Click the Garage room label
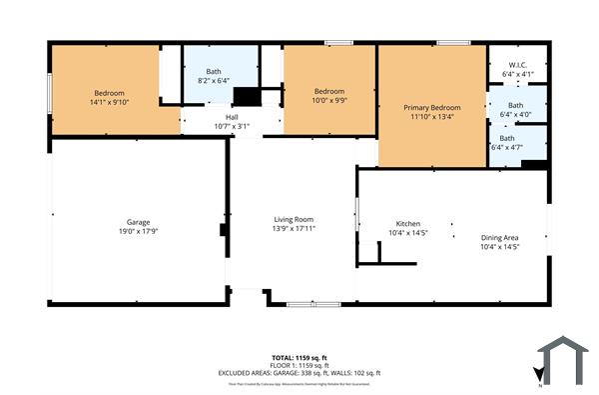click(138, 222)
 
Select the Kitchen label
click(408, 223)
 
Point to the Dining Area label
click(499, 237)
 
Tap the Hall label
click(232, 117)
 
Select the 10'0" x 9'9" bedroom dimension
click(329, 100)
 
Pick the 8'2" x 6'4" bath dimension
click(214, 81)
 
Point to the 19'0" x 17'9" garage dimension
click(138, 231)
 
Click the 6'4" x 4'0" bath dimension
click(514, 114)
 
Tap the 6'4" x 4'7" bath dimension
click(507, 148)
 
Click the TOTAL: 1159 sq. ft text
click(299, 357)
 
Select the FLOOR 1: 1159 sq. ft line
click(299, 365)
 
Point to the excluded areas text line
click(299, 373)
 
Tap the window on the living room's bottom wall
click(305, 304)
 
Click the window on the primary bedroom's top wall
click(452, 42)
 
